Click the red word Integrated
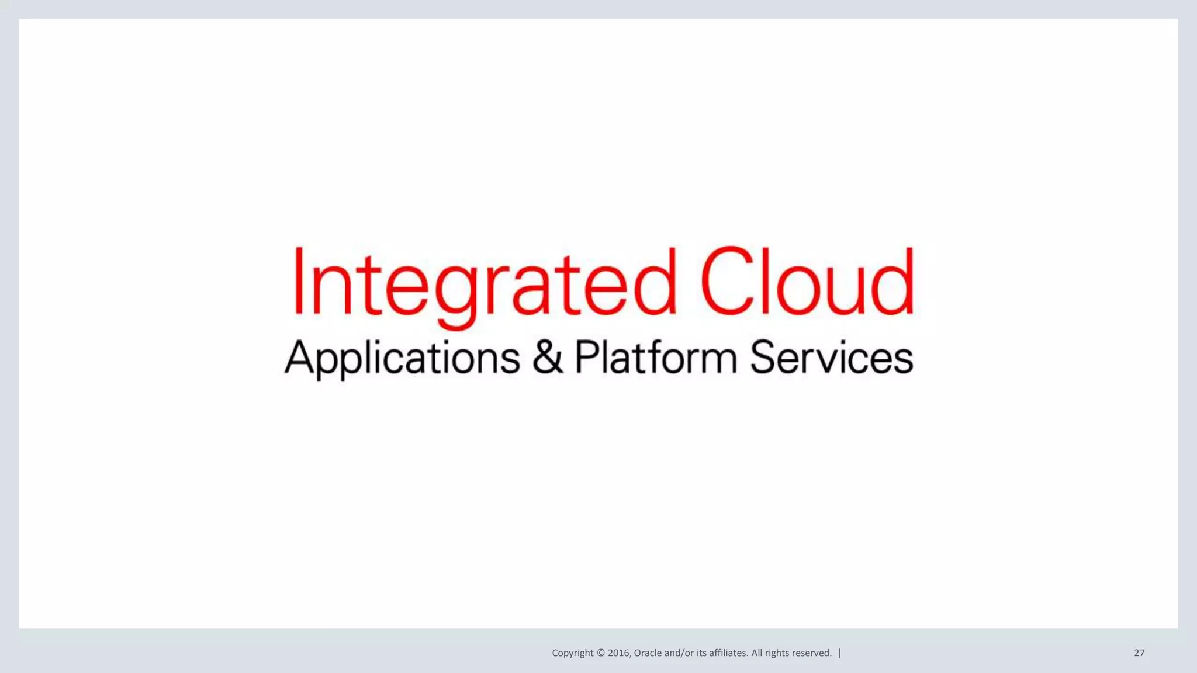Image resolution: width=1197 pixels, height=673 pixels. click(x=484, y=282)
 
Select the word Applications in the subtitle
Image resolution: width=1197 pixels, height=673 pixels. click(x=402, y=358)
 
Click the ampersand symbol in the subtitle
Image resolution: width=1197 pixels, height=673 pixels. click(x=548, y=356)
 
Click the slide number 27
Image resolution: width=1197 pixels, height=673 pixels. click(x=1139, y=653)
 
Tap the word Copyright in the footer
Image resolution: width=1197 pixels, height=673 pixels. click(x=572, y=653)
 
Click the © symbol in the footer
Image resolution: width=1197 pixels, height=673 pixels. click(x=600, y=653)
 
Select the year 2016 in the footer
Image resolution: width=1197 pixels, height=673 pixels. click(x=619, y=653)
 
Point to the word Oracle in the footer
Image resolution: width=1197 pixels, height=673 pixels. click(x=648, y=653)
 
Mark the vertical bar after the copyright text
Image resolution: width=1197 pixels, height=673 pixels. click(x=840, y=653)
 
